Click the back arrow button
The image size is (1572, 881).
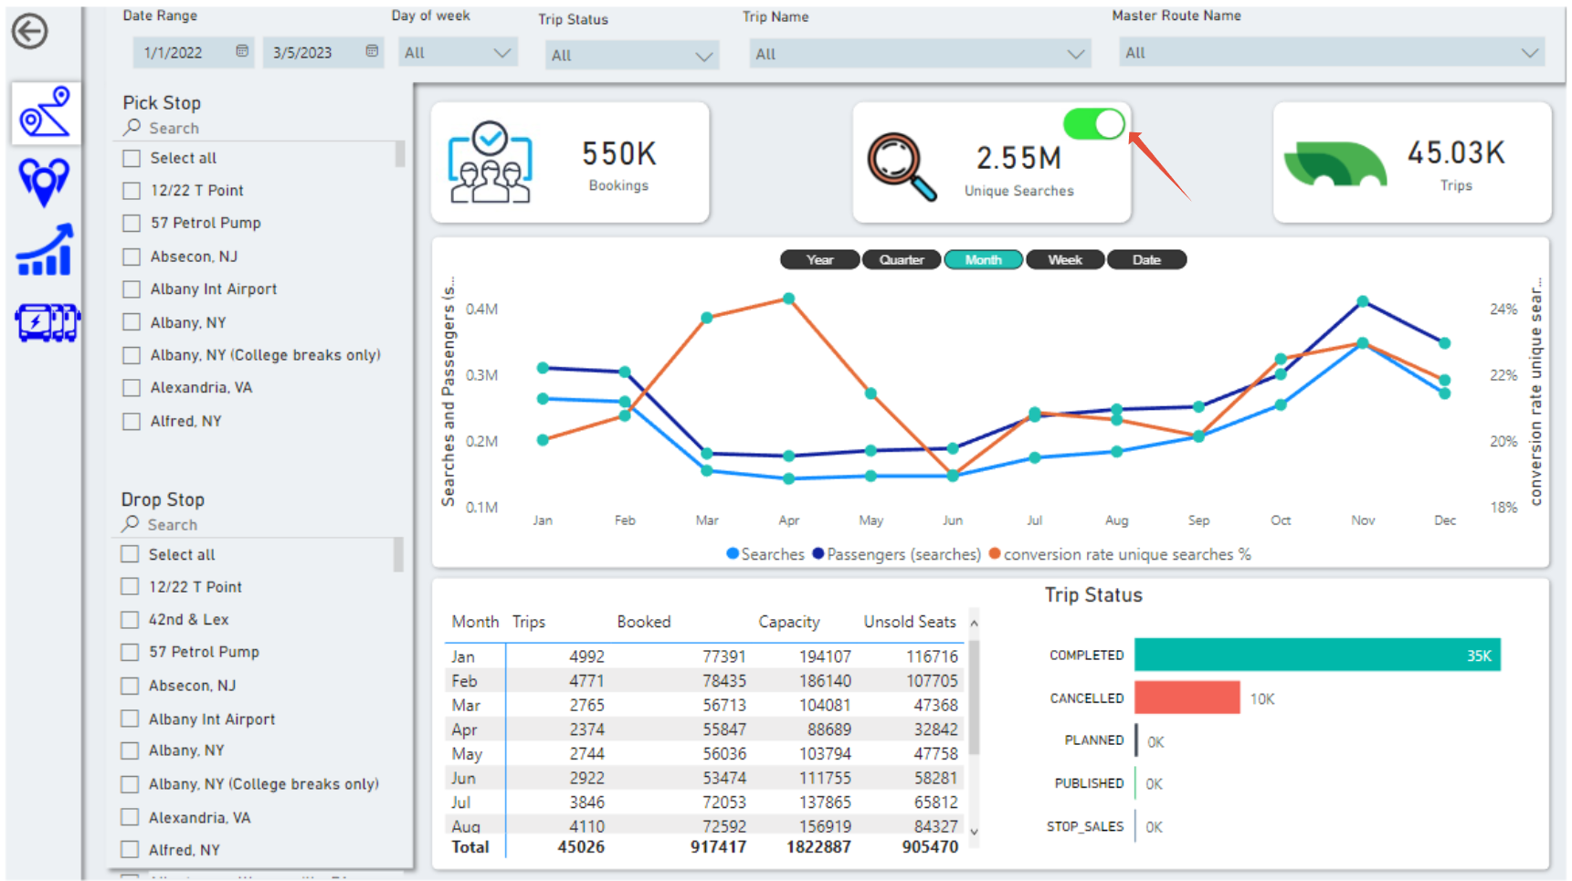(30, 32)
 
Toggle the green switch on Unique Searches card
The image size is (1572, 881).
(1093, 124)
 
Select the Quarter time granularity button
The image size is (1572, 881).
(901, 260)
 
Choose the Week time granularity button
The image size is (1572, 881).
(1064, 260)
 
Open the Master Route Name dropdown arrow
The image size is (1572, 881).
(1529, 53)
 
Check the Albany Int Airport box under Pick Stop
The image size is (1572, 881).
(132, 289)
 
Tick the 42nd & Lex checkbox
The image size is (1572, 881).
(131, 620)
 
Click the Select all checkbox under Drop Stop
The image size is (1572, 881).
(131, 554)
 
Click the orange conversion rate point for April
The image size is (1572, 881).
(788, 299)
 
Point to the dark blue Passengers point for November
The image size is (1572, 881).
(1362, 301)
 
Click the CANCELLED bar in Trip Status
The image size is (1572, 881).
(1187, 698)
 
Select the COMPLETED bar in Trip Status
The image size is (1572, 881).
(1316, 656)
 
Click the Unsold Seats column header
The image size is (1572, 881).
(909, 622)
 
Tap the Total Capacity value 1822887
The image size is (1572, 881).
(818, 847)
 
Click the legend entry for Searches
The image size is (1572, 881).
(765, 554)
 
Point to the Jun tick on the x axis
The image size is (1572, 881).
(953, 520)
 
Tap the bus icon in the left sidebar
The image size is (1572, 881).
(47, 322)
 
